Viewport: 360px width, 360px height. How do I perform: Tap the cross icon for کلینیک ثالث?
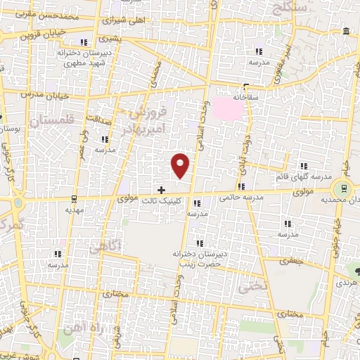point(162,190)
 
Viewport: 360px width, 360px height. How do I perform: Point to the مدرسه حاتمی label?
point(241,198)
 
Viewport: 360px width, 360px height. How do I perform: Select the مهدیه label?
point(75,209)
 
